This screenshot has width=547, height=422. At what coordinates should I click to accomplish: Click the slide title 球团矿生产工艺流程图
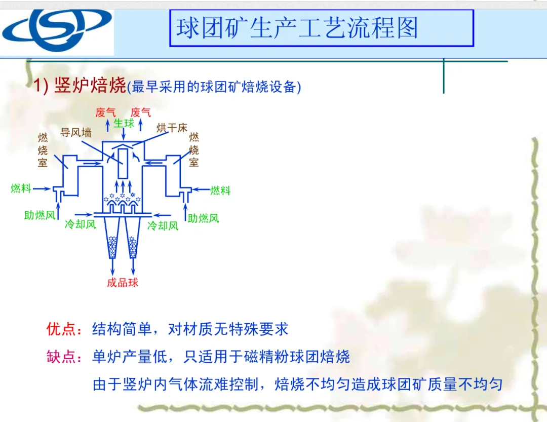297,28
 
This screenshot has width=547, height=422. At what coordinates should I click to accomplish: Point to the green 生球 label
124,123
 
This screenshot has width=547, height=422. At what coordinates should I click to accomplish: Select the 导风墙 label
76,133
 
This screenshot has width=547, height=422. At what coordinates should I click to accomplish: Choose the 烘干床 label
172,127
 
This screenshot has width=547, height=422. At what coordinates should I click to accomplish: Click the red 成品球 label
123,283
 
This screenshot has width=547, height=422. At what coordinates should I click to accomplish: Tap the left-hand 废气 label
105,112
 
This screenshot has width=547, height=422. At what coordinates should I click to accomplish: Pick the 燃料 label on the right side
220,190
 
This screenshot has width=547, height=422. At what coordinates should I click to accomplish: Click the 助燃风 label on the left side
40,215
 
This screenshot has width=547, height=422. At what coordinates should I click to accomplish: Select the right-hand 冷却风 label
163,225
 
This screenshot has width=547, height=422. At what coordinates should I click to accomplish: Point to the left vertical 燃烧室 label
43,150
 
